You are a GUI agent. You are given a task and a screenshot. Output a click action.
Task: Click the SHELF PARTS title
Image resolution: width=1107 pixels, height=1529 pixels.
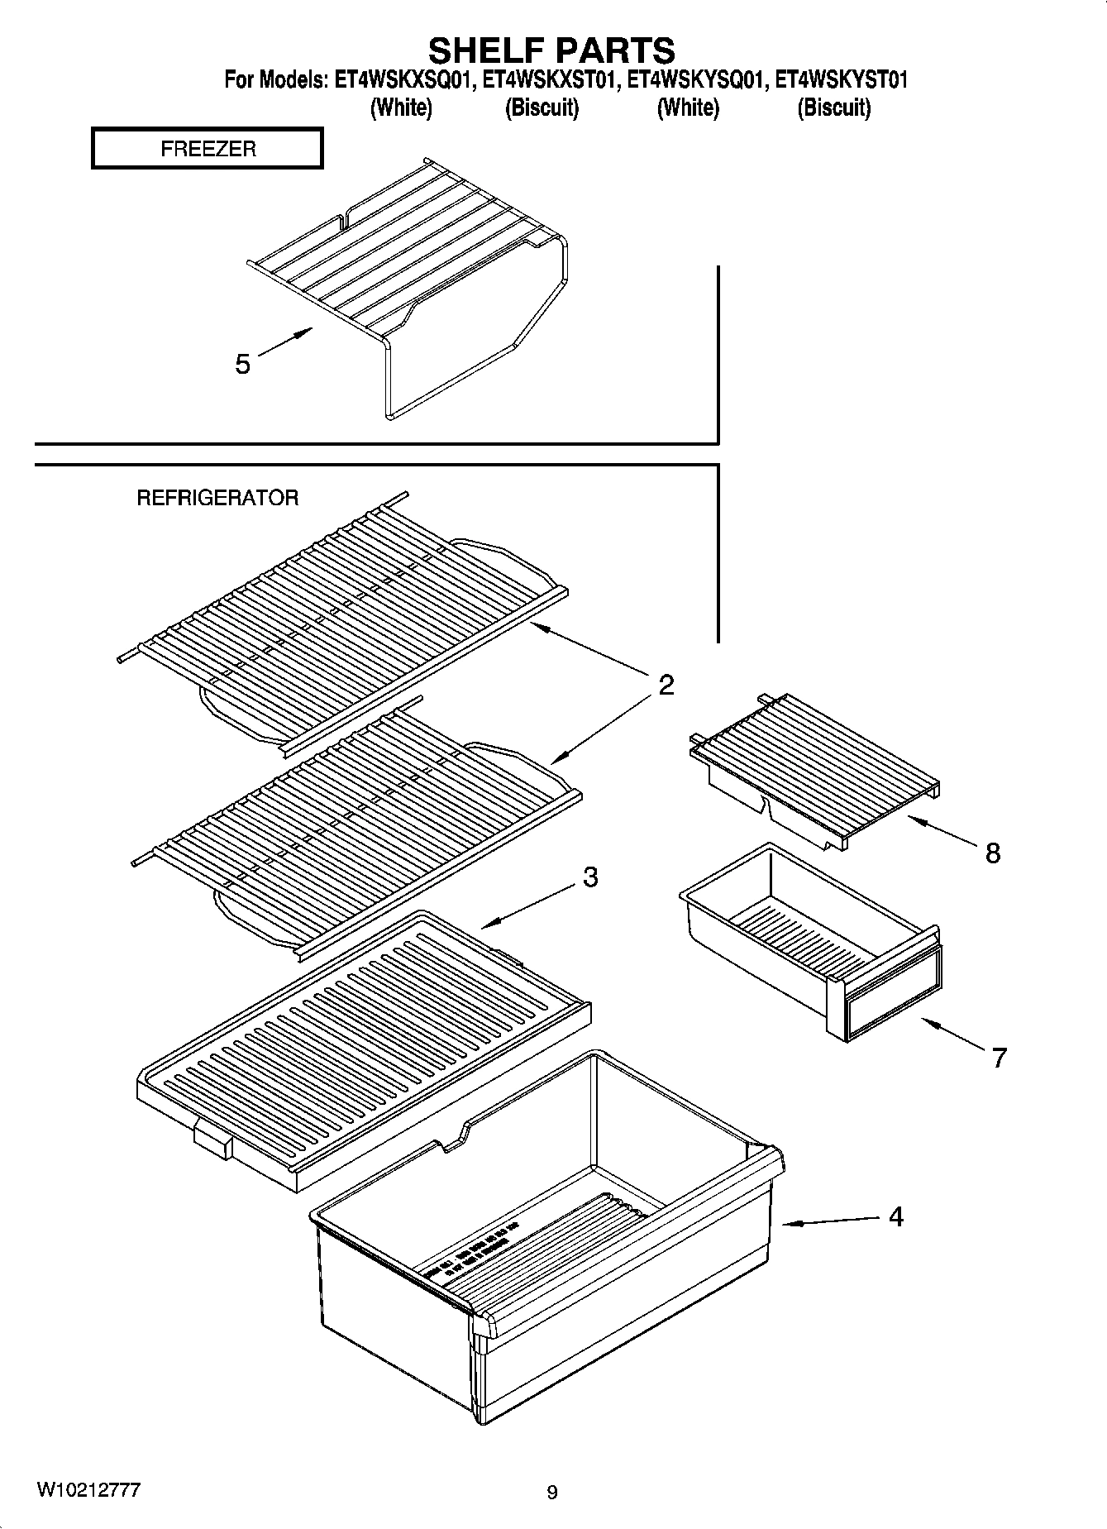[x=551, y=50]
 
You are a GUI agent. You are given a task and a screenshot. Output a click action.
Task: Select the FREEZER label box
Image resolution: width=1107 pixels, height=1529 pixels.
[x=207, y=149]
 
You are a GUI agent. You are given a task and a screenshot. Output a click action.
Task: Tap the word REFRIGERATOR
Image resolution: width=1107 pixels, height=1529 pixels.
[x=217, y=498]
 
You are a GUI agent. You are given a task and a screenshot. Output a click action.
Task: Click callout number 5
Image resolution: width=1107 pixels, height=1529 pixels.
[x=242, y=364]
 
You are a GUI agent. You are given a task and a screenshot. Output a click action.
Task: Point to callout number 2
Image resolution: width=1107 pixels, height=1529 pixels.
[x=666, y=685]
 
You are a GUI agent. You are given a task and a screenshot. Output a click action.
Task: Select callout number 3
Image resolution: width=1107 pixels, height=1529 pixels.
[x=589, y=877]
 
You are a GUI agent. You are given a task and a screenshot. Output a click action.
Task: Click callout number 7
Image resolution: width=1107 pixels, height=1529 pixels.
[x=999, y=1057]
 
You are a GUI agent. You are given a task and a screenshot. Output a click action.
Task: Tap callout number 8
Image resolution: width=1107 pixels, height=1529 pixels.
[x=992, y=852]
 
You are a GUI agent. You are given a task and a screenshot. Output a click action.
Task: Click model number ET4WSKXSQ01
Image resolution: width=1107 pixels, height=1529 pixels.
[x=403, y=80]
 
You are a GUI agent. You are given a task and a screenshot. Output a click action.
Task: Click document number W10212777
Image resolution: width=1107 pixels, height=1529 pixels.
[x=88, y=1490]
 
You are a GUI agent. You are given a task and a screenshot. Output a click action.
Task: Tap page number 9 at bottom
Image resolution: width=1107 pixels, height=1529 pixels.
[x=552, y=1493]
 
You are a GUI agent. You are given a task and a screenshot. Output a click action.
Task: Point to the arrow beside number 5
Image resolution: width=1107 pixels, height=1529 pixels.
[x=286, y=342]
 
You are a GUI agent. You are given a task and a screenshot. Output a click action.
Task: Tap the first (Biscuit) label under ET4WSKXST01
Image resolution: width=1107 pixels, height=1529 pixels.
[x=542, y=108]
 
